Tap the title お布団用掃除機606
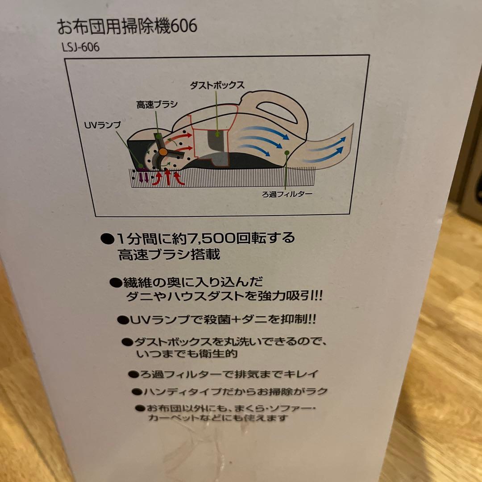[x=127, y=26]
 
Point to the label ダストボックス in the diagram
[x=217, y=85]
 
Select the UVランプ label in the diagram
[x=102, y=125]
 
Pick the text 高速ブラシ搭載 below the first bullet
[x=169, y=254]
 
